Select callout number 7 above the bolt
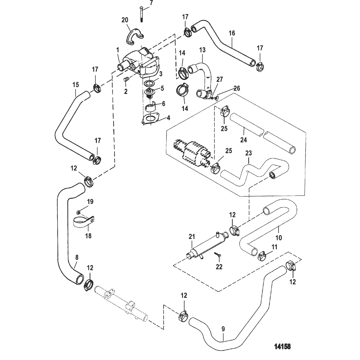(x=142, y=3)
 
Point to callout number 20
(x=125, y=20)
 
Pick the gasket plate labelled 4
(x=150, y=119)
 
